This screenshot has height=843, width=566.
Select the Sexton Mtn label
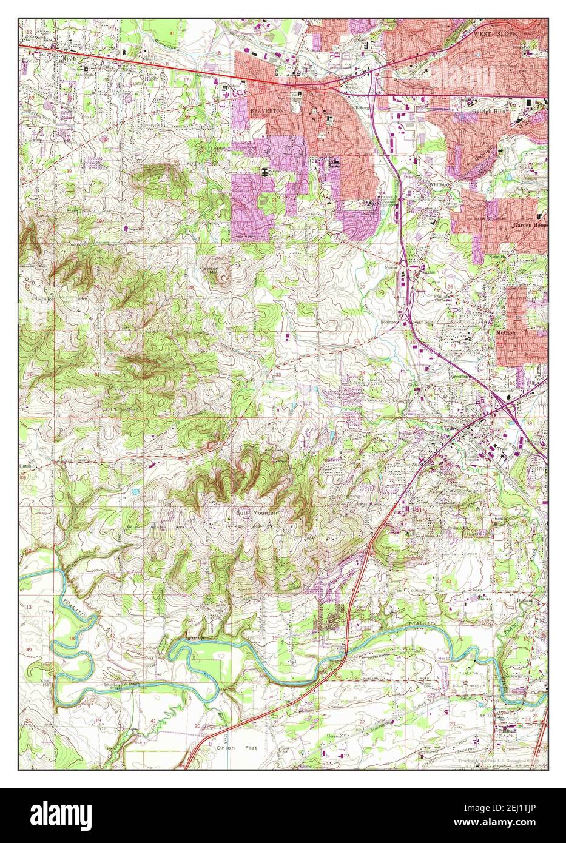point(211,269)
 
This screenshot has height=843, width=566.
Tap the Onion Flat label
point(231,748)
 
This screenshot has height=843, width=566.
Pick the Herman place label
point(336,736)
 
